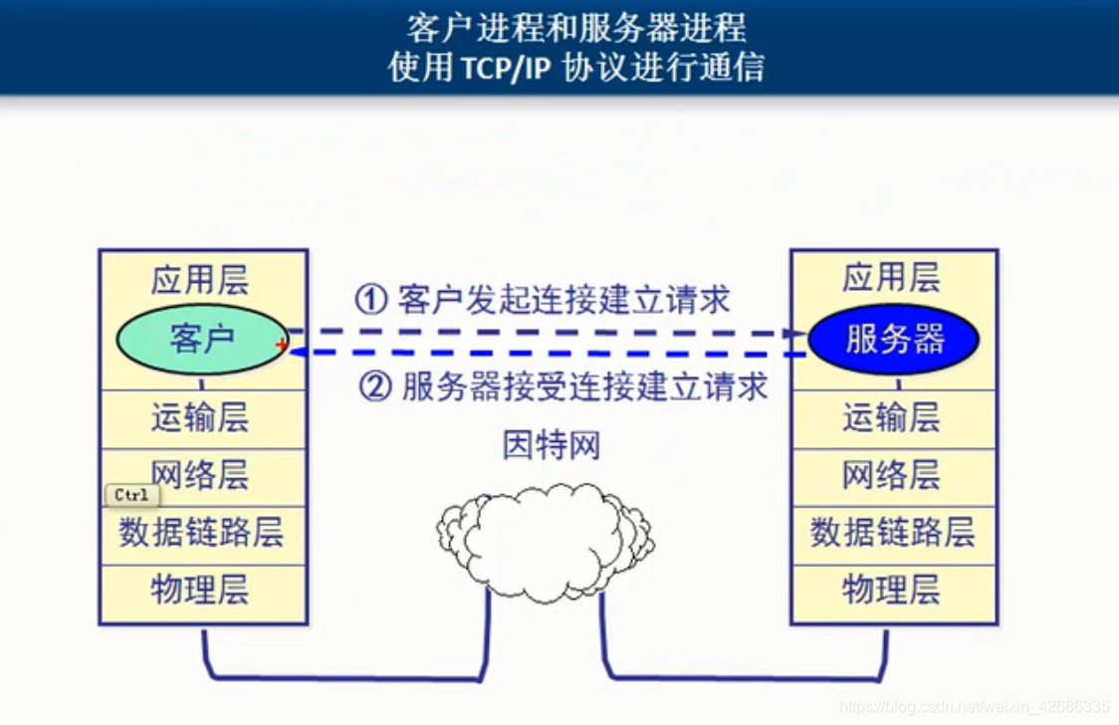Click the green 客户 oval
coord(202,340)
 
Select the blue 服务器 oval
coord(893,340)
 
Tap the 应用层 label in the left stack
coord(199,280)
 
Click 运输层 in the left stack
coord(199,417)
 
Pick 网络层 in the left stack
coord(199,475)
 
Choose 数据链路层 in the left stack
coord(201,533)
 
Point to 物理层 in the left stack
coord(199,591)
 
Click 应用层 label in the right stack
coord(891,278)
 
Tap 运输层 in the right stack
coord(891,417)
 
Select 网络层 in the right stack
coord(891,475)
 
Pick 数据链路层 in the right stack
coord(892,533)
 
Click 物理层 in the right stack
coord(891,591)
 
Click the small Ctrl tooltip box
coord(132,495)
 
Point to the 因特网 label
coord(552,446)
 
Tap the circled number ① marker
coord(371,300)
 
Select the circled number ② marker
coord(375,387)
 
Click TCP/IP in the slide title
coord(506,69)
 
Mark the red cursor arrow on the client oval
coord(281,347)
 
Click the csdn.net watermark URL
coord(974,707)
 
